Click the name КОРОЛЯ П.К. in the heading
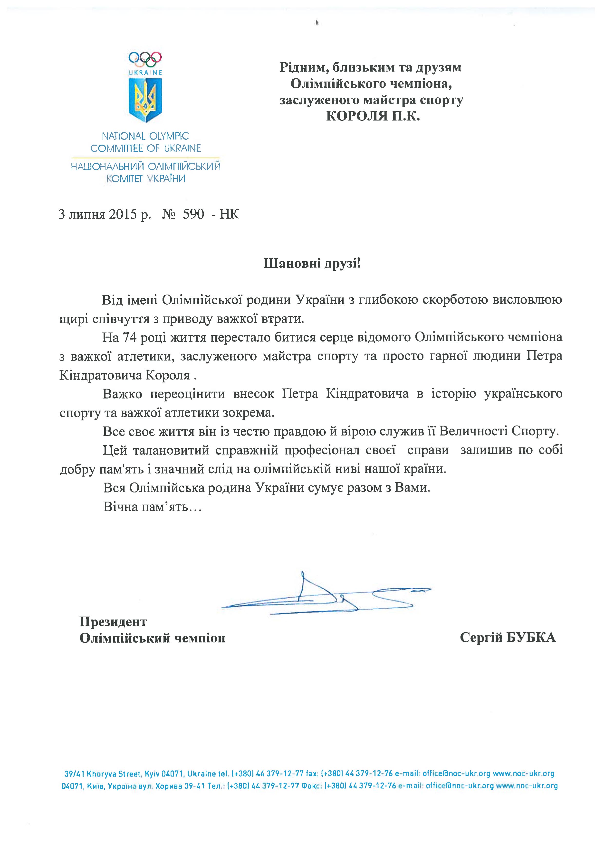(x=373, y=117)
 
